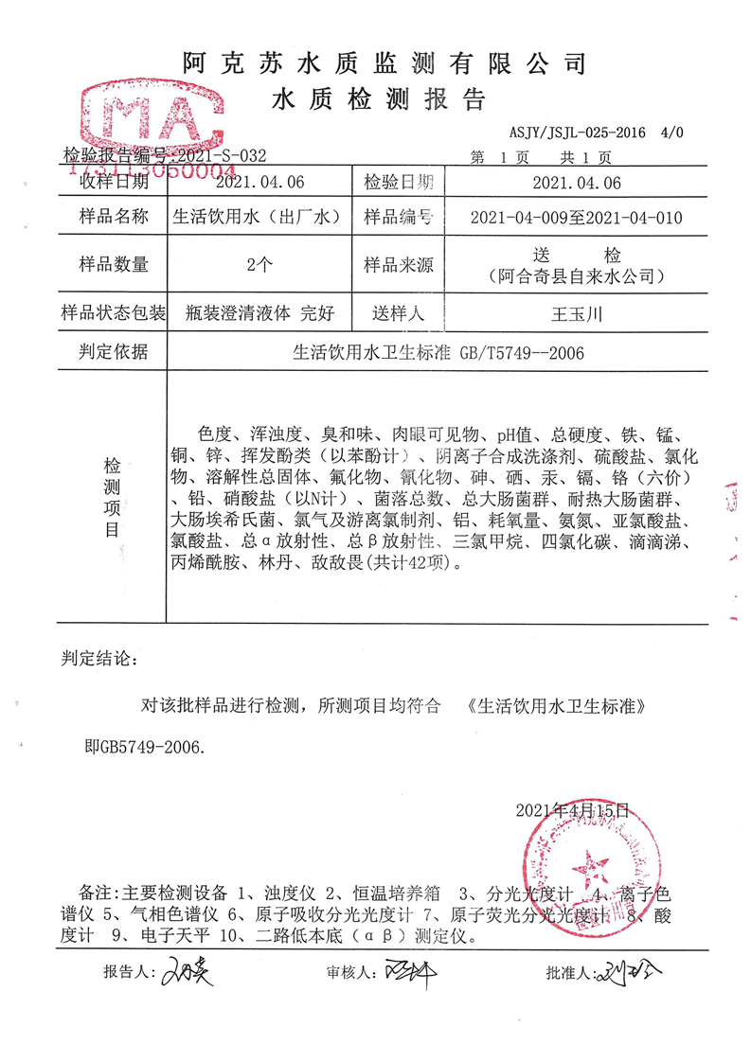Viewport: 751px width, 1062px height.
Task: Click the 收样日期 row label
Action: coord(114,182)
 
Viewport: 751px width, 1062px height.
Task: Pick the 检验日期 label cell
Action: coord(399,182)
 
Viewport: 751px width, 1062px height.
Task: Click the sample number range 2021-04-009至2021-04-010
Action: coord(576,218)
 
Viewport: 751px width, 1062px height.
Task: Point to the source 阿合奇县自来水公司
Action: coord(575,277)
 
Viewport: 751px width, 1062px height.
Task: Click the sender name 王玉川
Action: coord(576,312)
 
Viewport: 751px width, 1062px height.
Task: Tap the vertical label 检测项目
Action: coord(113,497)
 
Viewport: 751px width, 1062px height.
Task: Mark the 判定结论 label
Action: coord(98,657)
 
